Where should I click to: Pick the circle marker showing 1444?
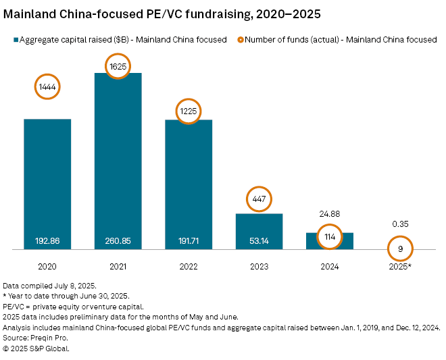[47, 88]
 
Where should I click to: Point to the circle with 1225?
[189, 111]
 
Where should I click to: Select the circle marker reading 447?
[259, 199]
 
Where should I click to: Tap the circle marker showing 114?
[330, 236]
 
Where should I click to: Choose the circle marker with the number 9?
[401, 249]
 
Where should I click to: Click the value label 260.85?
[118, 240]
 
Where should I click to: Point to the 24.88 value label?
[330, 213]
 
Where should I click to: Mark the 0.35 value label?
[401, 224]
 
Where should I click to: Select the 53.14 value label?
[259, 240]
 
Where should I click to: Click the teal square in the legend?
[14, 40]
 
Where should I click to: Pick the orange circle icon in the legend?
[239, 40]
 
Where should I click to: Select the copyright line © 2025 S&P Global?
[36, 349]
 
